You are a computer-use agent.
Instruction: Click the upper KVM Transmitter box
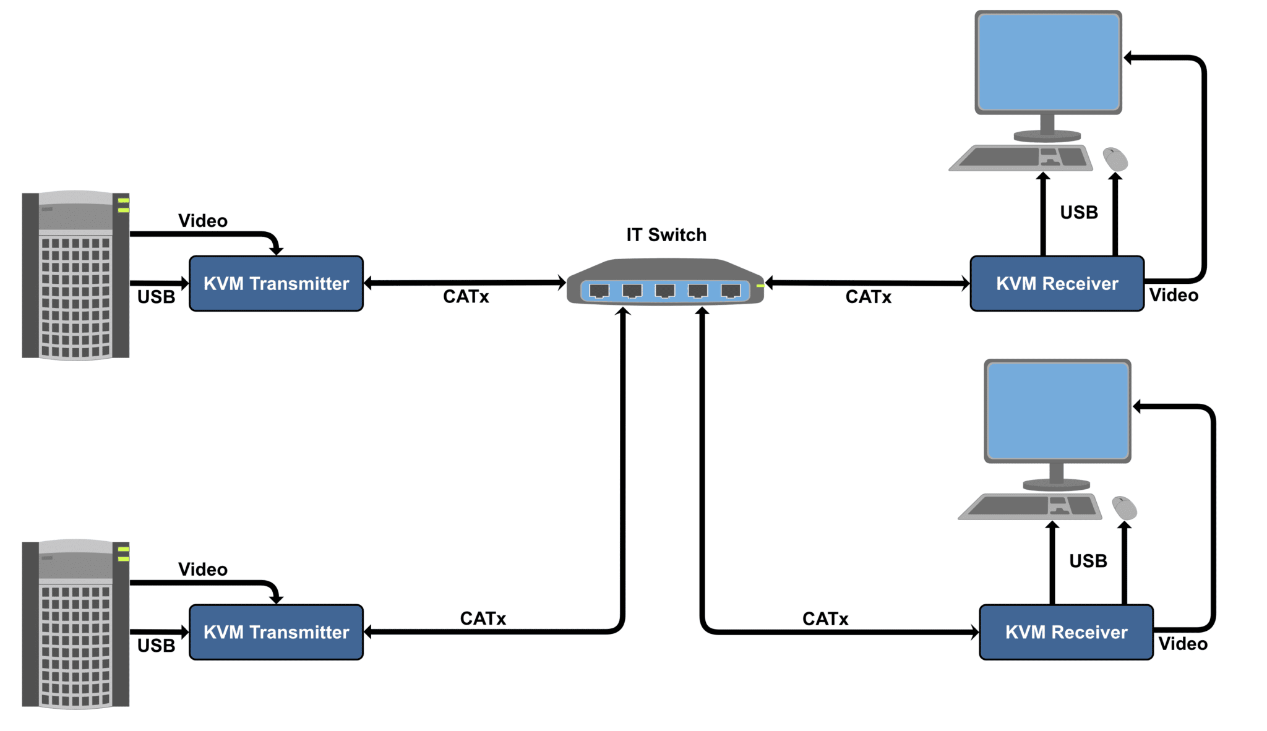point(276,283)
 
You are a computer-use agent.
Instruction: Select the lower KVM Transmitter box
point(276,632)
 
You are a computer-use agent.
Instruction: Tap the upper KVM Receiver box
point(1057,283)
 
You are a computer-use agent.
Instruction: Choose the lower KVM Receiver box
point(1066,632)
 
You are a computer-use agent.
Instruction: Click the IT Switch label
point(666,235)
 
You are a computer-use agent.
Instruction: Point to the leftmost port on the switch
point(599,291)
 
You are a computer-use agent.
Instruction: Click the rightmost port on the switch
point(731,291)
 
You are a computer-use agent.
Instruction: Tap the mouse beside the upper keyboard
point(1115,159)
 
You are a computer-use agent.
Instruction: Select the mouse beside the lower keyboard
point(1125,508)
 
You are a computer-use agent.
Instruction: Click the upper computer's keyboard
point(1021,158)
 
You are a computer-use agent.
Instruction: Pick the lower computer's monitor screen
point(1057,411)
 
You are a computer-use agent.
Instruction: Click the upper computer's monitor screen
point(1048,62)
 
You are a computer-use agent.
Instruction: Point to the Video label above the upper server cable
point(202,221)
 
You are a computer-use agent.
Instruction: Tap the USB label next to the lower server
point(156,646)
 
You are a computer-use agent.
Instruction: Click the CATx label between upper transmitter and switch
point(466,297)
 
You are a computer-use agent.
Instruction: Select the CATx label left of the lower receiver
point(825,619)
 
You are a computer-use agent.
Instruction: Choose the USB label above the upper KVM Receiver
point(1079,213)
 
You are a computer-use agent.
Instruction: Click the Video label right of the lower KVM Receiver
point(1183,644)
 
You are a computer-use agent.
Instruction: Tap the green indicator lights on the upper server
point(124,205)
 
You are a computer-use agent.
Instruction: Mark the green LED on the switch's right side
point(760,286)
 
